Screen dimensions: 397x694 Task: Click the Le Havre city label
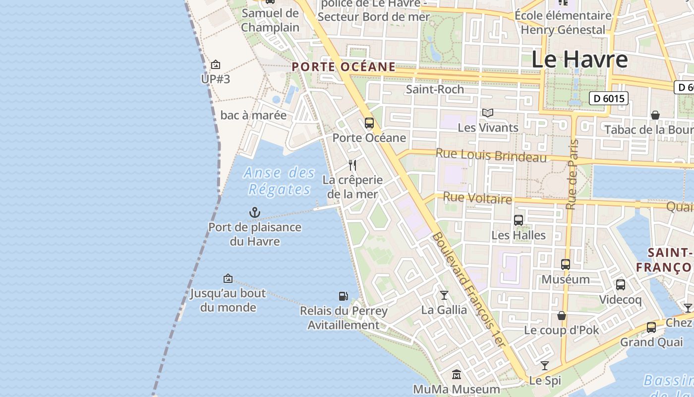pyautogui.click(x=579, y=59)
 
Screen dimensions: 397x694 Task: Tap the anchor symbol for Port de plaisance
pyautogui.click(x=254, y=213)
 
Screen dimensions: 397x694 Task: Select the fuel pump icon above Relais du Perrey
pyautogui.click(x=343, y=296)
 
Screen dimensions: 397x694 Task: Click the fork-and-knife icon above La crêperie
pyautogui.click(x=352, y=165)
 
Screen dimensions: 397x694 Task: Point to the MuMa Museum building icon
pyautogui.click(x=457, y=374)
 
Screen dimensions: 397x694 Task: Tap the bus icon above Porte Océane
pyautogui.click(x=369, y=123)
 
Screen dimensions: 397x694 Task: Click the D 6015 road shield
pyautogui.click(x=609, y=98)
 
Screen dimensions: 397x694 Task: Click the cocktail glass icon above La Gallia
pyautogui.click(x=444, y=295)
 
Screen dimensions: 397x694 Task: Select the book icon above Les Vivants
pyautogui.click(x=488, y=113)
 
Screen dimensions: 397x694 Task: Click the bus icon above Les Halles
pyautogui.click(x=518, y=220)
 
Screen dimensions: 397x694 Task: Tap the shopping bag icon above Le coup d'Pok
pyautogui.click(x=562, y=316)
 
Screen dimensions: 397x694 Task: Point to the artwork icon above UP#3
pyautogui.click(x=216, y=65)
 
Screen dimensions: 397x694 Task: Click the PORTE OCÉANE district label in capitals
pyautogui.click(x=344, y=66)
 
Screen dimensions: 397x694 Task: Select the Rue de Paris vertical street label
pyautogui.click(x=574, y=174)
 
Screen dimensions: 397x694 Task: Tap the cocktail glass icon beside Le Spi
pyautogui.click(x=545, y=366)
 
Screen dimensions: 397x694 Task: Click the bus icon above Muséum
pyautogui.click(x=565, y=265)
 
